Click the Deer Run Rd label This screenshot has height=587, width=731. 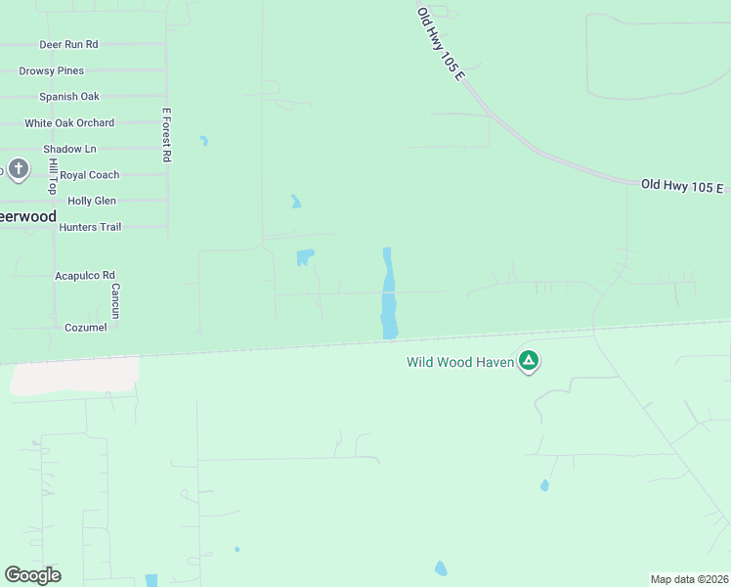tap(68, 45)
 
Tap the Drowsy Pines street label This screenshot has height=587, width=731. tap(51, 71)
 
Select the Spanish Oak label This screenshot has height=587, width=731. tap(68, 97)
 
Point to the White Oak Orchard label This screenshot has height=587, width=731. tap(69, 123)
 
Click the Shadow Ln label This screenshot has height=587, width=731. tap(69, 149)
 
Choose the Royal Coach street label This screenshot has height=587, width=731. tap(90, 175)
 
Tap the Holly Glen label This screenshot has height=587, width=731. tap(92, 201)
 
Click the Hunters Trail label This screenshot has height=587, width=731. tap(90, 227)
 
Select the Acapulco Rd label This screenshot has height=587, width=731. tap(85, 276)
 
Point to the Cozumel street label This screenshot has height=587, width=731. tap(86, 327)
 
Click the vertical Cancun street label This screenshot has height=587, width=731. tap(115, 294)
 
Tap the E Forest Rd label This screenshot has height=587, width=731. tap(167, 134)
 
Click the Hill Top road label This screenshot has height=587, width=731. tap(54, 176)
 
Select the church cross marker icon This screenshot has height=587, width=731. tap(18, 169)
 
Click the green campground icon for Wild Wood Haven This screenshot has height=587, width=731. tap(529, 361)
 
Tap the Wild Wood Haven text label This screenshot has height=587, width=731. tap(459, 362)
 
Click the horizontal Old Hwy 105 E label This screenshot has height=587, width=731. tap(682, 186)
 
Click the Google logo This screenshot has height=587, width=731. tap(32, 575)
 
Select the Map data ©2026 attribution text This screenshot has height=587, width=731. tap(689, 579)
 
